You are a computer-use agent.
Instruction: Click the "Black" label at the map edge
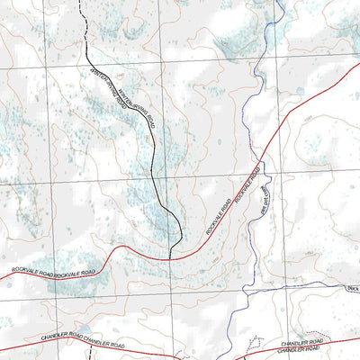(352, 288)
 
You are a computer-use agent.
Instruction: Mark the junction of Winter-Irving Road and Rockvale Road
(170, 258)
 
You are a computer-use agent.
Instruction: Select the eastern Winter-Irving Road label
(137, 104)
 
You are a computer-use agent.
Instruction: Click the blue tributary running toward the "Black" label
(297, 284)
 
